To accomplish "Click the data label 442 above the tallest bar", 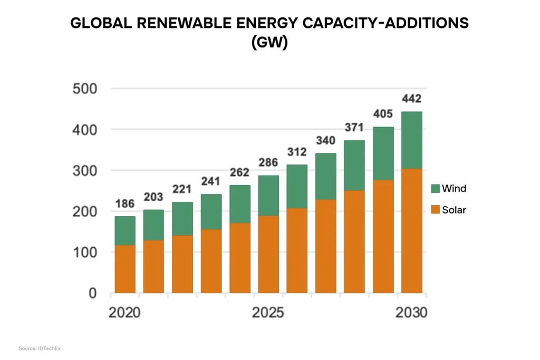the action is (x=411, y=99).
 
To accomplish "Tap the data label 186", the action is (x=124, y=204).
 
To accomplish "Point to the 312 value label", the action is (x=297, y=152).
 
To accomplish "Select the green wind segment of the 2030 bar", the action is (x=411, y=140).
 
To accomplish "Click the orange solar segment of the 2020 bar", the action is (x=125, y=269).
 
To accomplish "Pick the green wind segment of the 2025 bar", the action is (x=268, y=196).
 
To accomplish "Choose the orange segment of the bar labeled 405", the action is (x=383, y=237).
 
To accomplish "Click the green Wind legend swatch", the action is (x=435, y=188).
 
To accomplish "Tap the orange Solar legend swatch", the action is (x=435, y=210).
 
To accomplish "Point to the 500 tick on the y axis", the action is (x=85, y=89).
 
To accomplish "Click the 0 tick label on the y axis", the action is (x=93, y=293).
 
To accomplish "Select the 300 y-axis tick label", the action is (x=85, y=171).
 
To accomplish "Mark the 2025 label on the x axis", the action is (x=268, y=313).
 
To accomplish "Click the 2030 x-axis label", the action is (x=411, y=313).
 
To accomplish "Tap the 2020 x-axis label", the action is (x=124, y=313).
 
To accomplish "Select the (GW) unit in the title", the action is (x=269, y=43).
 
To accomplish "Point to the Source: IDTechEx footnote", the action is (x=40, y=348).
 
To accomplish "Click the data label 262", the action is (x=239, y=172).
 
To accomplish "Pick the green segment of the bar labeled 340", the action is (x=326, y=177).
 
